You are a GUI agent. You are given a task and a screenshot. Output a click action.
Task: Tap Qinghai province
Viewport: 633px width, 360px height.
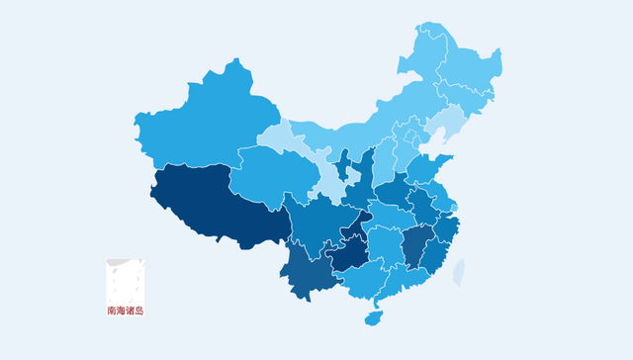[267, 173]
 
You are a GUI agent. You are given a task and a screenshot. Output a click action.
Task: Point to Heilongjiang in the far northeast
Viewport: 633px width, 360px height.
[460, 64]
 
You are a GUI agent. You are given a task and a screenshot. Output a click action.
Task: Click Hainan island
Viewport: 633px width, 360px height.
[373, 317]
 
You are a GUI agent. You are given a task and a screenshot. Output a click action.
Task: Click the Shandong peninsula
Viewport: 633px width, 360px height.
[430, 168]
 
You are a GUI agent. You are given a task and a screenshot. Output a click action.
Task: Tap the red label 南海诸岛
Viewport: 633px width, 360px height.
[126, 311]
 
